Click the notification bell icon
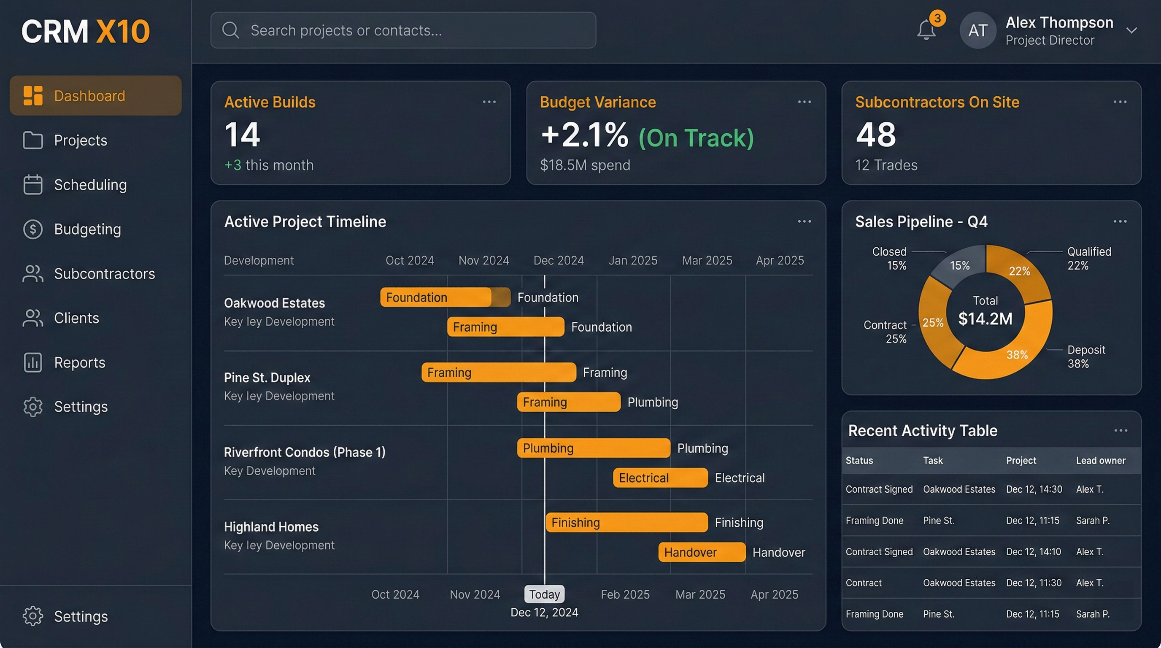[926, 30]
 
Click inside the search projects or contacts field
[403, 30]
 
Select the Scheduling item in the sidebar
[90, 185]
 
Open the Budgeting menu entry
[87, 229]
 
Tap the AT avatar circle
[977, 31]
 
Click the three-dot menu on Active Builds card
[489, 102]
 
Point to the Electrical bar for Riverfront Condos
[660, 478]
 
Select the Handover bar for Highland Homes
[701, 552]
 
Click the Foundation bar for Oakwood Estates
[444, 297]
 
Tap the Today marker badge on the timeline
[544, 594]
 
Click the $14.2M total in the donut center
[985, 319]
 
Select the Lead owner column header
[1100, 461]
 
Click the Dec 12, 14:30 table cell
[1034, 489]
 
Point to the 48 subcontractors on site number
[875, 135]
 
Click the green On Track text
[696, 138]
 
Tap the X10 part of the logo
[123, 32]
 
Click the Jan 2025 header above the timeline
[633, 260]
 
